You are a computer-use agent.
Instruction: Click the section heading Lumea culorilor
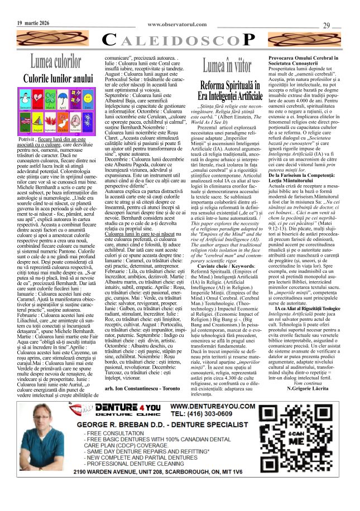pyautogui.click(x=55, y=59)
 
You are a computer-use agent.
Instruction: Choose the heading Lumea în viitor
pyautogui.click(x=229, y=66)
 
